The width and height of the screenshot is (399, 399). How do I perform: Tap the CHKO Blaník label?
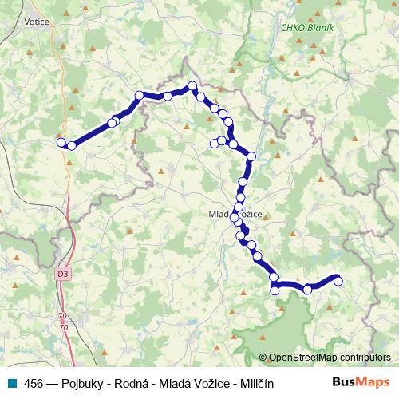[306, 28]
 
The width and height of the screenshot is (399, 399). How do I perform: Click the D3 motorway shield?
[63, 274]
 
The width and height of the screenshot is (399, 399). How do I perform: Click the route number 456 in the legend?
[33, 383]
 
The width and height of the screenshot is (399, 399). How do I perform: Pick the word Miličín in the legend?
[254, 383]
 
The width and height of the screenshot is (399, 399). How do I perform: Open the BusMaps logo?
[361, 382]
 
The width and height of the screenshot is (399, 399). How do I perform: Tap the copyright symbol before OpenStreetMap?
[263, 358]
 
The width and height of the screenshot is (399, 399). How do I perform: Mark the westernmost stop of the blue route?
[61, 143]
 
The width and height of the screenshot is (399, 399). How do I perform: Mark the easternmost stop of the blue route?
[338, 279]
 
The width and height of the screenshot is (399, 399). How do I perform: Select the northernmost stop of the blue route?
[192, 85]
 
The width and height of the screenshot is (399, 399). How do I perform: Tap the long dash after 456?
[52, 383]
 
